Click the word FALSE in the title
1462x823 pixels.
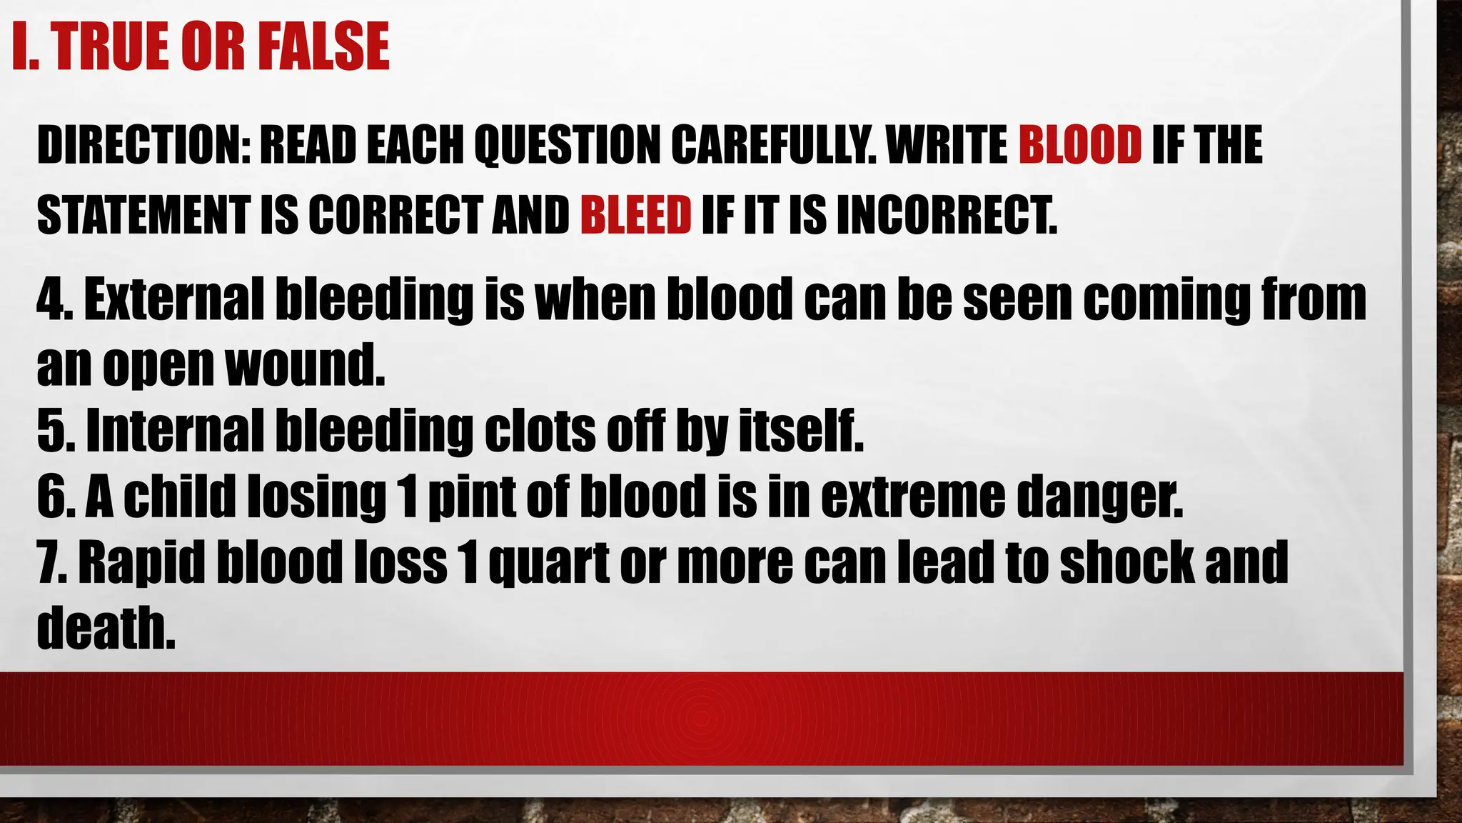pyautogui.click(x=323, y=46)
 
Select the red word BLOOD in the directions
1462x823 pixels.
pyautogui.click(x=1079, y=145)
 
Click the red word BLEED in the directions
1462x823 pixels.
pyautogui.click(x=635, y=214)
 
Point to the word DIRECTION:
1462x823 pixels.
pyautogui.click(x=144, y=145)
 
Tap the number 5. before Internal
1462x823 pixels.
pyautogui.click(x=56, y=432)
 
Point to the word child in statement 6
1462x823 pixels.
pyautogui.click(x=179, y=497)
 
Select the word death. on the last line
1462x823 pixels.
pyautogui.click(x=106, y=629)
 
